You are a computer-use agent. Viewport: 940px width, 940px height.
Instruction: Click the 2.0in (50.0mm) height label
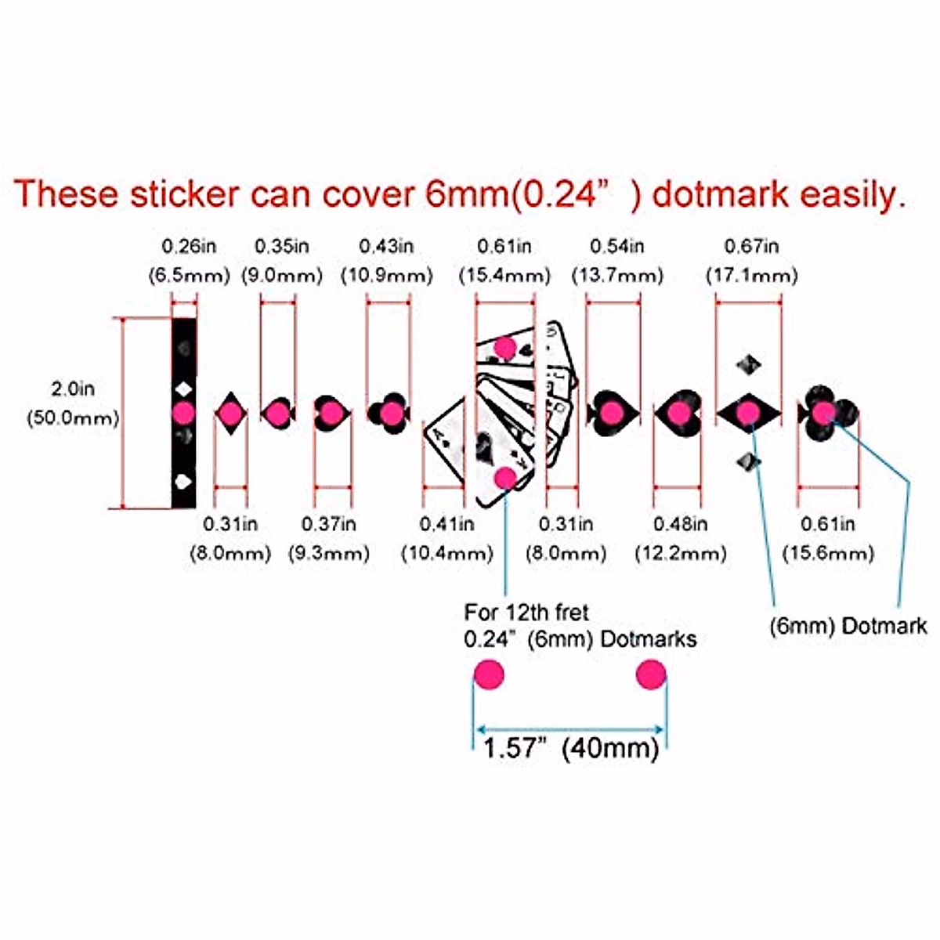73,403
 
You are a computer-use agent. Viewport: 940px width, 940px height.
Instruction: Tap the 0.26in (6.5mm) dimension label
189,261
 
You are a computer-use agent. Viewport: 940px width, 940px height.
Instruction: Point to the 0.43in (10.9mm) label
386,261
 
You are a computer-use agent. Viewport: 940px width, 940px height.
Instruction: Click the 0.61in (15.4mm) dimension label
504,261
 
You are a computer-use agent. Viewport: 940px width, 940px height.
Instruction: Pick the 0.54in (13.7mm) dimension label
617,261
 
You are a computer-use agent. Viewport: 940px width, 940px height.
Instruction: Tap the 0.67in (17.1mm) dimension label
751,261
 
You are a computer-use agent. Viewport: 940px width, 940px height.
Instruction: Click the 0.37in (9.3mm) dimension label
328,539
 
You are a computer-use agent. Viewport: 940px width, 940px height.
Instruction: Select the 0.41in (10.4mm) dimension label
446,539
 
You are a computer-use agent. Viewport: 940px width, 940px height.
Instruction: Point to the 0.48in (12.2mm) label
680,539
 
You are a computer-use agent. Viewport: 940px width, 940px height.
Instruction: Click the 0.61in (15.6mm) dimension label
828,539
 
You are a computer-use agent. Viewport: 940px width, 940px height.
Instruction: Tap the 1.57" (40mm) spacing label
570,748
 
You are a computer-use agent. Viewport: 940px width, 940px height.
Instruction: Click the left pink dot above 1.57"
490,674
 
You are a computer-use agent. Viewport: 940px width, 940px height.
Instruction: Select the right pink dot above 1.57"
651,674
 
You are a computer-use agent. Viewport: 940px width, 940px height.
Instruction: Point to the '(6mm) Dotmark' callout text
848,626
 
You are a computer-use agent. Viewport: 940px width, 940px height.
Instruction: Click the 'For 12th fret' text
526,612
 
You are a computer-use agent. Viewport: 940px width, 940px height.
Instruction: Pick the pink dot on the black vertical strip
184,411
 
